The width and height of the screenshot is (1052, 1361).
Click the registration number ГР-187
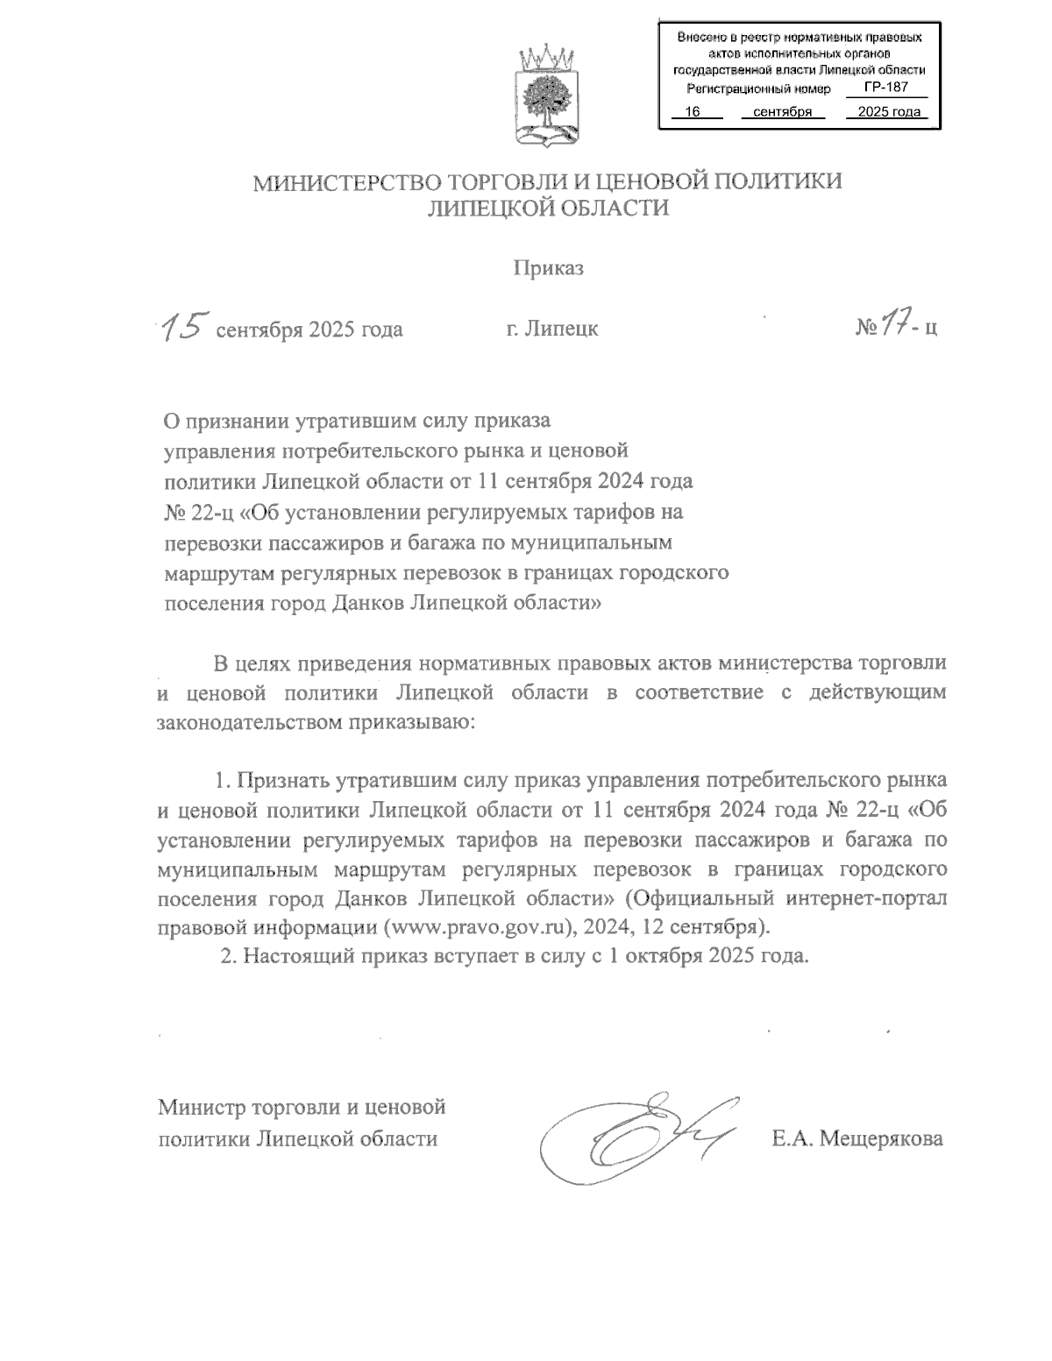(885, 88)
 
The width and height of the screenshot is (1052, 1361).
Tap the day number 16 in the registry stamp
(693, 112)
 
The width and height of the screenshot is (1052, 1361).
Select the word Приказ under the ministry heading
(548, 268)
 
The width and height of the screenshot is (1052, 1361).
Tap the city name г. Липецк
(551, 330)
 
